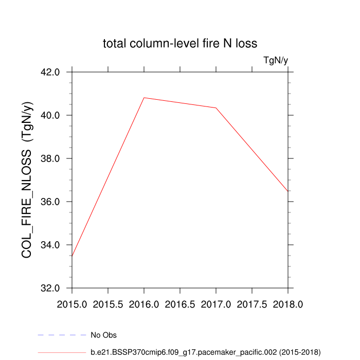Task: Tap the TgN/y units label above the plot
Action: [276, 61]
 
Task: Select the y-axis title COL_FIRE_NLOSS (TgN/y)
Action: [27, 180]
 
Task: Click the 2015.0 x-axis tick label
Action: [72, 304]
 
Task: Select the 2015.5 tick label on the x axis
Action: [108, 304]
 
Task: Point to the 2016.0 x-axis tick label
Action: [144, 304]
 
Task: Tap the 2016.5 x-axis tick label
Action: [180, 304]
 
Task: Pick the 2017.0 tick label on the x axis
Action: [216, 304]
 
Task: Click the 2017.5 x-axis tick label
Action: [252, 304]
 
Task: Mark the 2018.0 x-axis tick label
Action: [288, 304]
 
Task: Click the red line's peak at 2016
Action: [144, 98]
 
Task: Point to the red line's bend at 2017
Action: [216, 108]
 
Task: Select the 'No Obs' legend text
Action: [103, 335]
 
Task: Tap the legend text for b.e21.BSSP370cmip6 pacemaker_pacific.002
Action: [205, 352]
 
